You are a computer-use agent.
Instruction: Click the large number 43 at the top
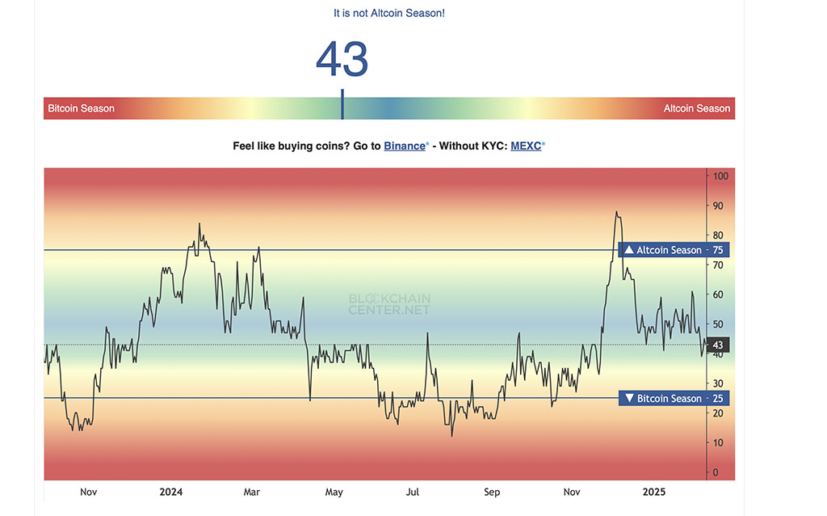pos(342,59)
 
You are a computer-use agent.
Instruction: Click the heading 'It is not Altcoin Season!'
pos(389,13)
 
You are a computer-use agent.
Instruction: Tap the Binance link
pos(405,146)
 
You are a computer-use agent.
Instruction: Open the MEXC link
pos(526,146)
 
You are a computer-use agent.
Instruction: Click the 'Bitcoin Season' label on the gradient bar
pos(82,108)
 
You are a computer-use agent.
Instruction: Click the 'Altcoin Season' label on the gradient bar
pos(697,108)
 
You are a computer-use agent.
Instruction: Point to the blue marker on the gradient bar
pos(342,104)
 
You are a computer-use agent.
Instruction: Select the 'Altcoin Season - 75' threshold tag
pos(674,250)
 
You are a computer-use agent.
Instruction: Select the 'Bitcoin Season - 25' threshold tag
pos(674,398)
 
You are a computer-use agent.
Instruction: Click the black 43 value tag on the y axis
pos(718,345)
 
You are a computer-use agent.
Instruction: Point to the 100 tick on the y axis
pos(720,176)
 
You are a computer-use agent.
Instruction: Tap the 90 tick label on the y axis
pos(718,206)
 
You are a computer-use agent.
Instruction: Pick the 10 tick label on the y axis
pos(718,442)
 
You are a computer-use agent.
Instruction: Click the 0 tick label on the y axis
pos(716,472)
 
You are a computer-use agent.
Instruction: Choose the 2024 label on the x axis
pos(171,492)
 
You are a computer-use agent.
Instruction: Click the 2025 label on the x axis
pos(654,492)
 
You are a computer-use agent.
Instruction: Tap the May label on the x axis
pos(334,493)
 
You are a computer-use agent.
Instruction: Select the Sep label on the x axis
pos(492,493)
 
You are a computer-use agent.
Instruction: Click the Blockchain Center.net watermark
pos(389,304)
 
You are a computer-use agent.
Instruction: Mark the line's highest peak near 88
pos(616,213)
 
